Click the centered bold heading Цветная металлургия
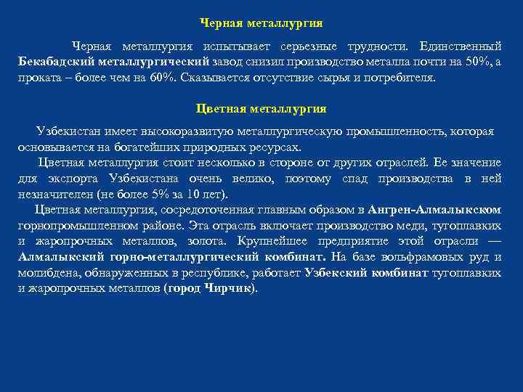[x=261, y=109]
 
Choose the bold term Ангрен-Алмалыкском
[x=434, y=210]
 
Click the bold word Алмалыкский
[x=65, y=256]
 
